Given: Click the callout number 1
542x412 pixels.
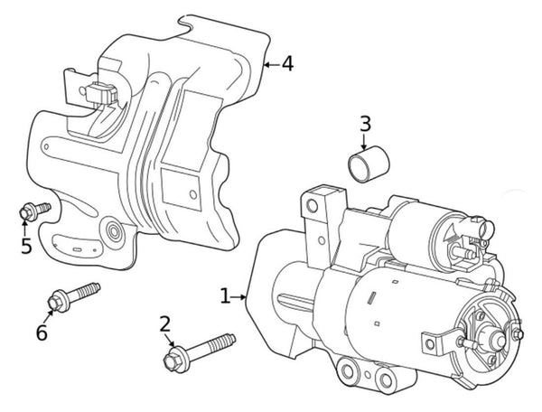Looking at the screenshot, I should [x=225, y=295].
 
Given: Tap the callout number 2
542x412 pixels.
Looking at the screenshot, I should [x=164, y=324].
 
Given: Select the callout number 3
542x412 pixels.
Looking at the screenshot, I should [x=365, y=123].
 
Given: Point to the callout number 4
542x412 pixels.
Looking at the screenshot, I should [x=286, y=64].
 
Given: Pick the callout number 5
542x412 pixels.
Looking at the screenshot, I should [x=26, y=245].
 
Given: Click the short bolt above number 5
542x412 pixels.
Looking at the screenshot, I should [x=33, y=211].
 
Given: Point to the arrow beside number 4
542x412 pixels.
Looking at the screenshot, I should [x=268, y=64].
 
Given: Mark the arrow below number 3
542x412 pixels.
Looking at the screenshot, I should [x=365, y=142].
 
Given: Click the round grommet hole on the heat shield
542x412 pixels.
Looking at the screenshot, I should [x=115, y=232].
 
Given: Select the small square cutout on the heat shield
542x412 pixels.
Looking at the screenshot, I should [x=192, y=193].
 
